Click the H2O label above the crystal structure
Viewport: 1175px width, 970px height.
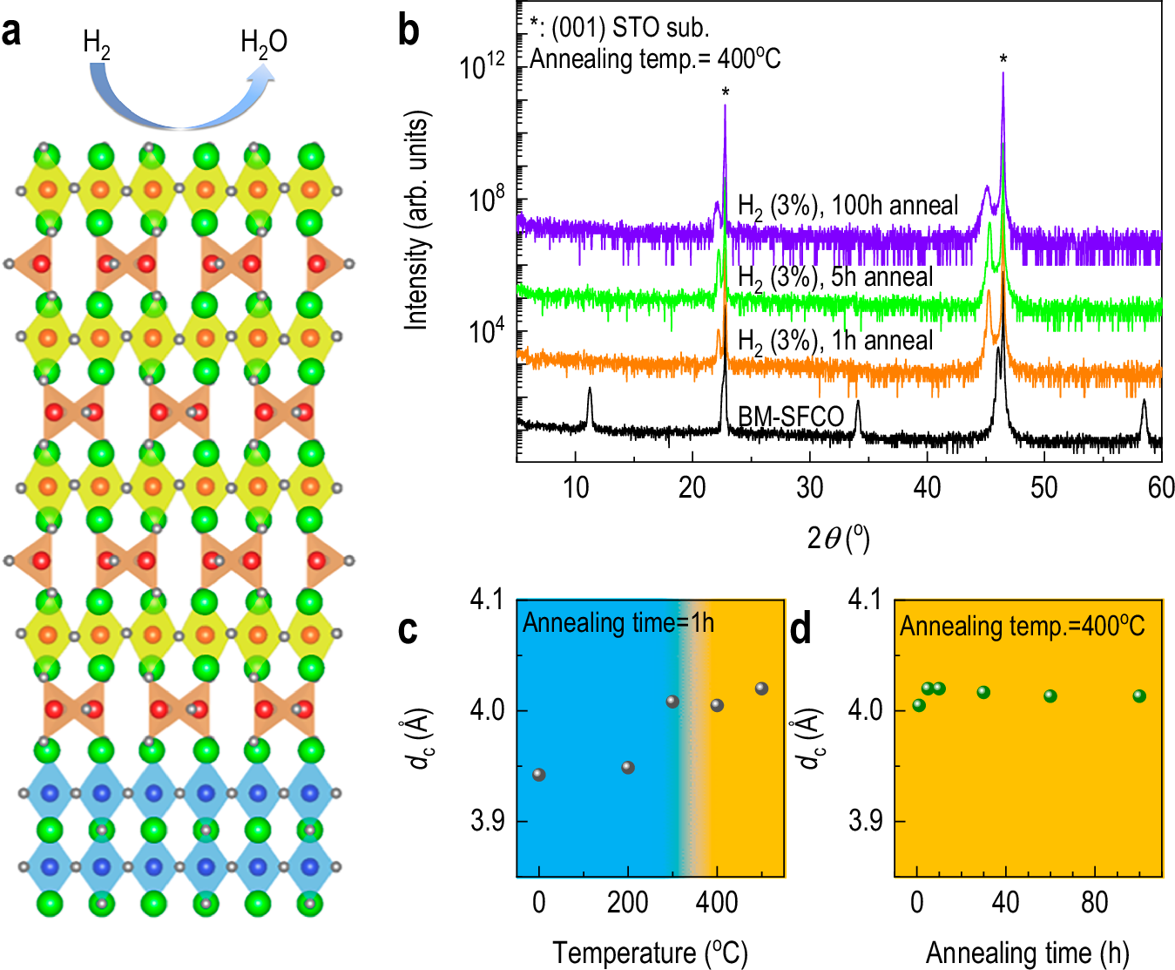coord(263,42)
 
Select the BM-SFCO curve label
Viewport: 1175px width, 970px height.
coord(791,417)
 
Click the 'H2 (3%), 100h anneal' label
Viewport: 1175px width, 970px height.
coord(847,206)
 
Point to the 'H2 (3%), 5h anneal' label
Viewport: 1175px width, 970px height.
coord(834,277)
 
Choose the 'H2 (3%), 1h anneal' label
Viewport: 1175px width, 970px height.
coord(834,341)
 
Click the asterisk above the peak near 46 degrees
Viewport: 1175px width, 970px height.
coord(1003,59)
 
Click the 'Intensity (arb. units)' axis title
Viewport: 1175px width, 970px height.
coord(417,220)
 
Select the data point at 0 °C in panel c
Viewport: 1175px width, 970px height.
coord(538,775)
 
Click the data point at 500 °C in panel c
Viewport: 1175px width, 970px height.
coord(761,688)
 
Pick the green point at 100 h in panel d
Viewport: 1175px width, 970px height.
coord(1138,695)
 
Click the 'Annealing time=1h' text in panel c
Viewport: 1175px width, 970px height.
coord(618,623)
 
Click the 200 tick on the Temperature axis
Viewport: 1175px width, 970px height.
coord(627,902)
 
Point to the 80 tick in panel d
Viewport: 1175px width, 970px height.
coord(1094,902)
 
